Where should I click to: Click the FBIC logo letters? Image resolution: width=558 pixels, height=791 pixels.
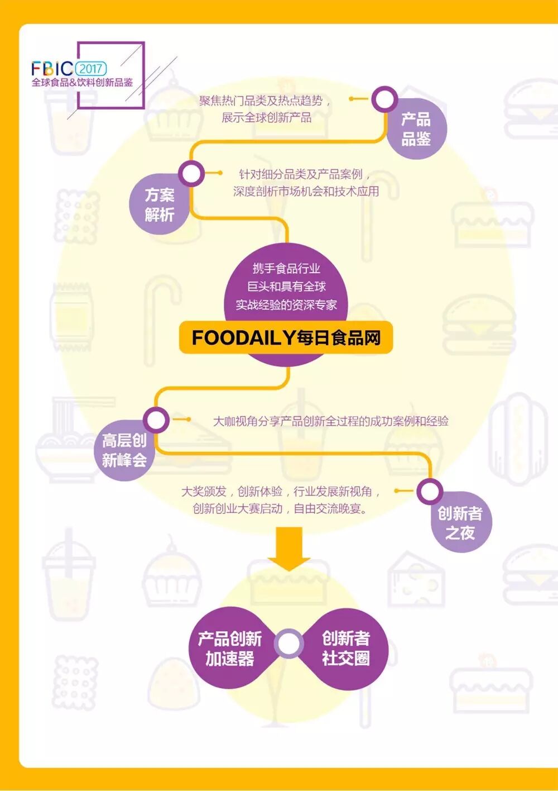[x=52, y=68]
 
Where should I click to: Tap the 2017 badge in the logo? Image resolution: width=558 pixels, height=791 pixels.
[x=90, y=68]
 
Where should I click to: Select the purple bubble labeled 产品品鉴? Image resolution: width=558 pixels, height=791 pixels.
[x=416, y=129]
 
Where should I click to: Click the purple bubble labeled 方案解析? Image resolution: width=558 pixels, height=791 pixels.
[x=159, y=204]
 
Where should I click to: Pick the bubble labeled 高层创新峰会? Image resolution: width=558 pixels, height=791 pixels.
[x=124, y=450]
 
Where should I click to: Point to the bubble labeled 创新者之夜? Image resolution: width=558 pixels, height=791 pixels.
[x=460, y=523]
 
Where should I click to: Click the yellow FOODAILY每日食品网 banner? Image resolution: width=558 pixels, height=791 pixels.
[x=286, y=337]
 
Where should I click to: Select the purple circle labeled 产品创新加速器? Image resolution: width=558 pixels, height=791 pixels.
[x=230, y=649]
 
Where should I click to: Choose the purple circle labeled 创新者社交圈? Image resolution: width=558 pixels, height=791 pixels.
[x=346, y=649]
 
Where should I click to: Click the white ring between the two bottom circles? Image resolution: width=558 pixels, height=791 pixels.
[x=288, y=643]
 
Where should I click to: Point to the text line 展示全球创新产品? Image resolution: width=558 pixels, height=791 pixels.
[x=267, y=117]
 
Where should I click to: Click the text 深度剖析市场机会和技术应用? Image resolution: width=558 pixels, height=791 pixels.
[x=306, y=191]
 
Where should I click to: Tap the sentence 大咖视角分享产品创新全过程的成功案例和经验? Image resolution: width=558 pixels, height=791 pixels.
[x=330, y=421]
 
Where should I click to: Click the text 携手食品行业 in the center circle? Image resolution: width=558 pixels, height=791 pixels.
[x=286, y=269]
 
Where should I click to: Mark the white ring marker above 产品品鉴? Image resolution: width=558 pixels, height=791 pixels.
[x=384, y=99]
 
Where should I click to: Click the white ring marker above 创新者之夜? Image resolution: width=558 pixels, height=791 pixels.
[x=429, y=492]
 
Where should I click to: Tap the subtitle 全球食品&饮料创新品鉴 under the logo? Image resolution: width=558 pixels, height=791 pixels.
[x=83, y=83]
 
